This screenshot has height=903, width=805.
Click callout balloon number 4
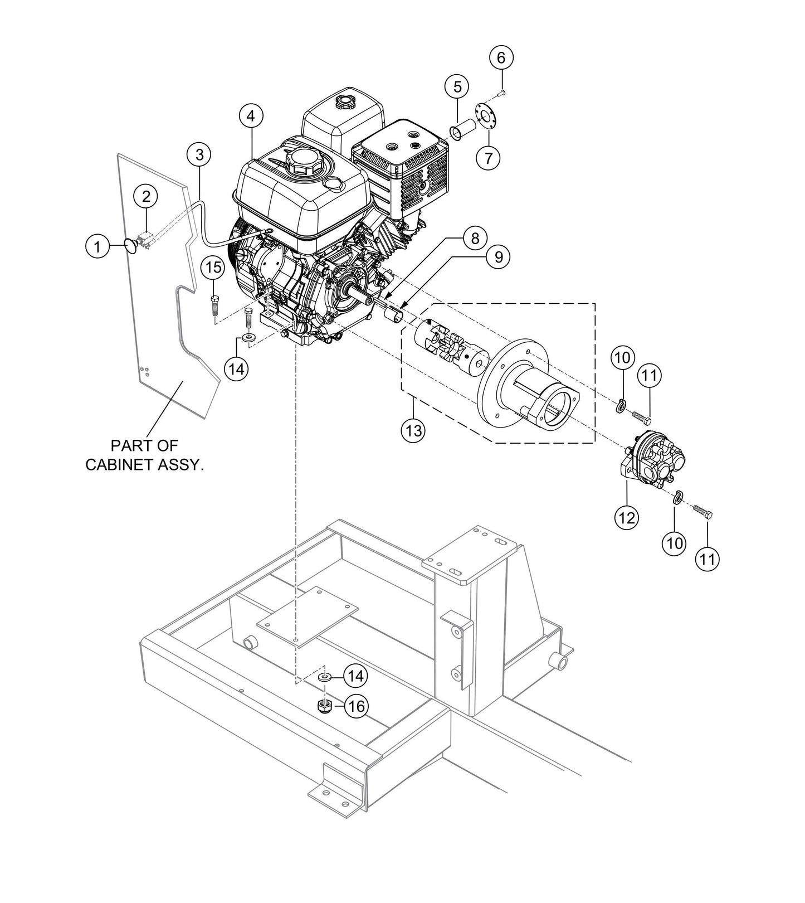(251, 116)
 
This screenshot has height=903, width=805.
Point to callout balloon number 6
(501, 57)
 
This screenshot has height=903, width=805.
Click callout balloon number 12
(627, 517)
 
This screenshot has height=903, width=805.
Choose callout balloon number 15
(213, 267)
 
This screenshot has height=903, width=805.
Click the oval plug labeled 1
(130, 245)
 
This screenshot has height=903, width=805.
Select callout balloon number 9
(498, 256)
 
